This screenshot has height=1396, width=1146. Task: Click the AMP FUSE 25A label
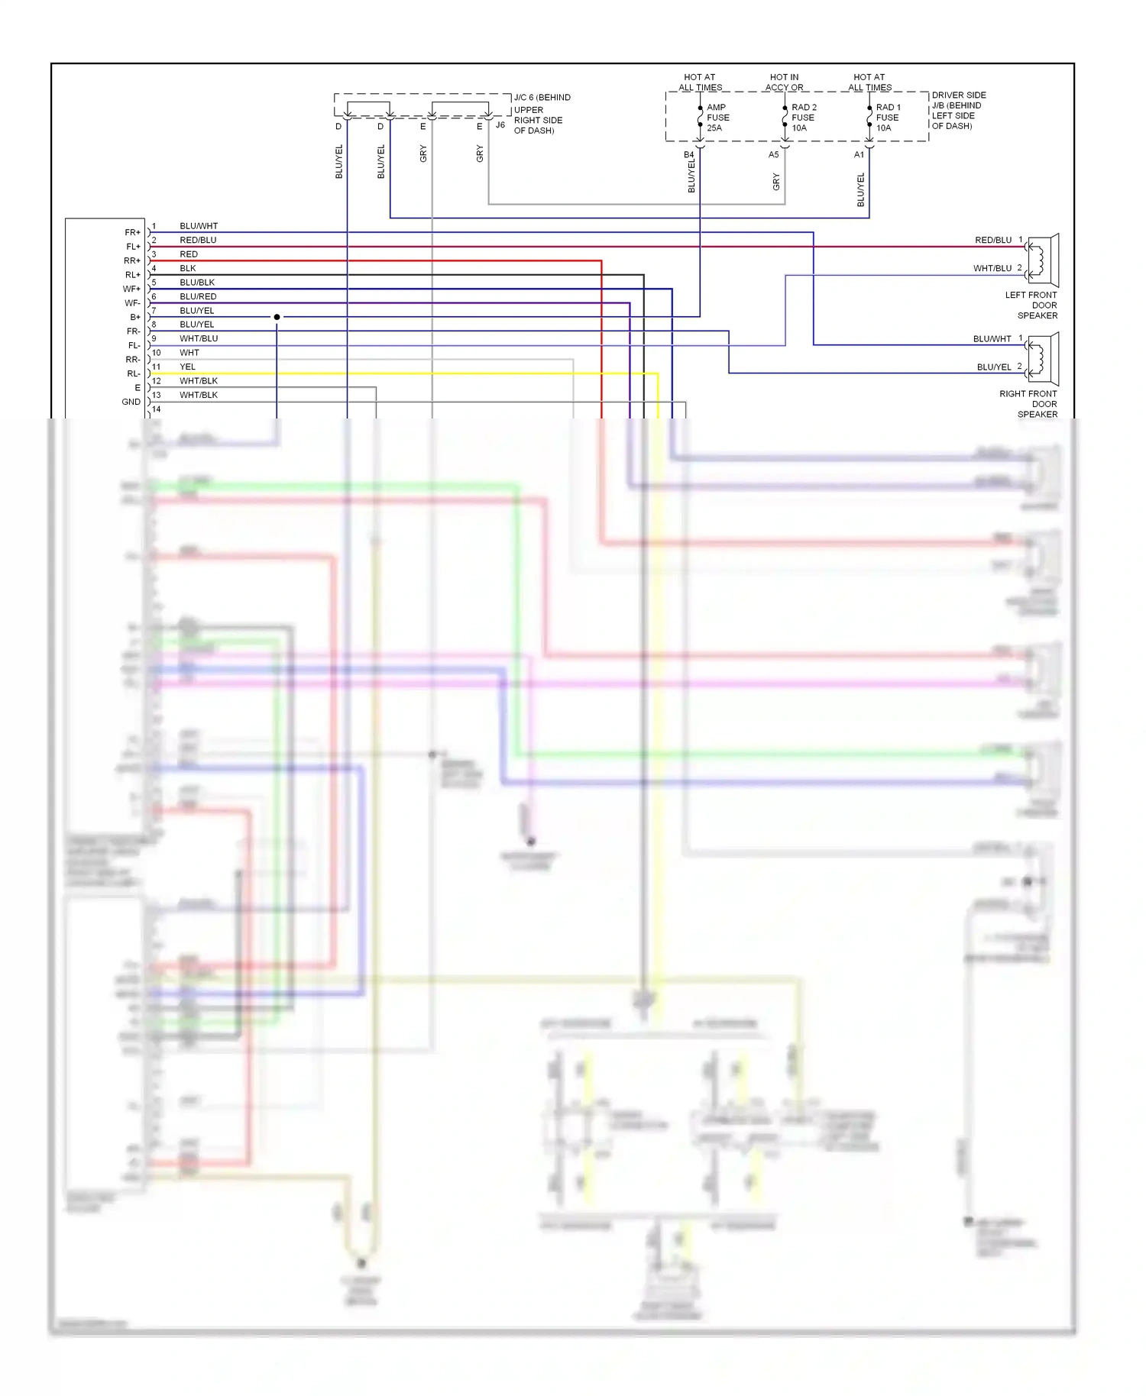pyautogui.click(x=717, y=118)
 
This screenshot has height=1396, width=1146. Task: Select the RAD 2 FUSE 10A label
pyautogui.click(x=803, y=118)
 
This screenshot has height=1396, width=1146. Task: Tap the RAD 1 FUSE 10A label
pyautogui.click(x=888, y=118)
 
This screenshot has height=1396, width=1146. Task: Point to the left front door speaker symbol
pyautogui.click(x=1043, y=260)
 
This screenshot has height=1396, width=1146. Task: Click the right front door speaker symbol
pyautogui.click(x=1043, y=358)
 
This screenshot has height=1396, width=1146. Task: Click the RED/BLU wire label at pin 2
pyautogui.click(x=198, y=240)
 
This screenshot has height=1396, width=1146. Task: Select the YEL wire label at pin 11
pyautogui.click(x=187, y=367)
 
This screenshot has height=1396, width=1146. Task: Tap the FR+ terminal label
pyautogui.click(x=132, y=232)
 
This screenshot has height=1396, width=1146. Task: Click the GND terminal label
pyautogui.click(x=131, y=402)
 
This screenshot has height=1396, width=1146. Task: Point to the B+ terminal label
pyautogui.click(x=134, y=317)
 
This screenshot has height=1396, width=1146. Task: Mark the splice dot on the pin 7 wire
pyautogui.click(x=277, y=317)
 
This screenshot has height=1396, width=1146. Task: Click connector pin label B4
pyautogui.click(x=688, y=155)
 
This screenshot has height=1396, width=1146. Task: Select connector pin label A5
pyautogui.click(x=773, y=155)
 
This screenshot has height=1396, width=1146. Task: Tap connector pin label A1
pyautogui.click(x=859, y=155)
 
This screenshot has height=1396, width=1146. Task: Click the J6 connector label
pyautogui.click(x=500, y=125)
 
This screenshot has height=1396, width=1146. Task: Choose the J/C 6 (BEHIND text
pyautogui.click(x=542, y=98)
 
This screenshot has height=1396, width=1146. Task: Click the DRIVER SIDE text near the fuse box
pyautogui.click(x=958, y=95)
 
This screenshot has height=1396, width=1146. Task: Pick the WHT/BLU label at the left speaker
pyautogui.click(x=992, y=268)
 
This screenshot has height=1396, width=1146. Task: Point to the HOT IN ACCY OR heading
pyautogui.click(x=784, y=82)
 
